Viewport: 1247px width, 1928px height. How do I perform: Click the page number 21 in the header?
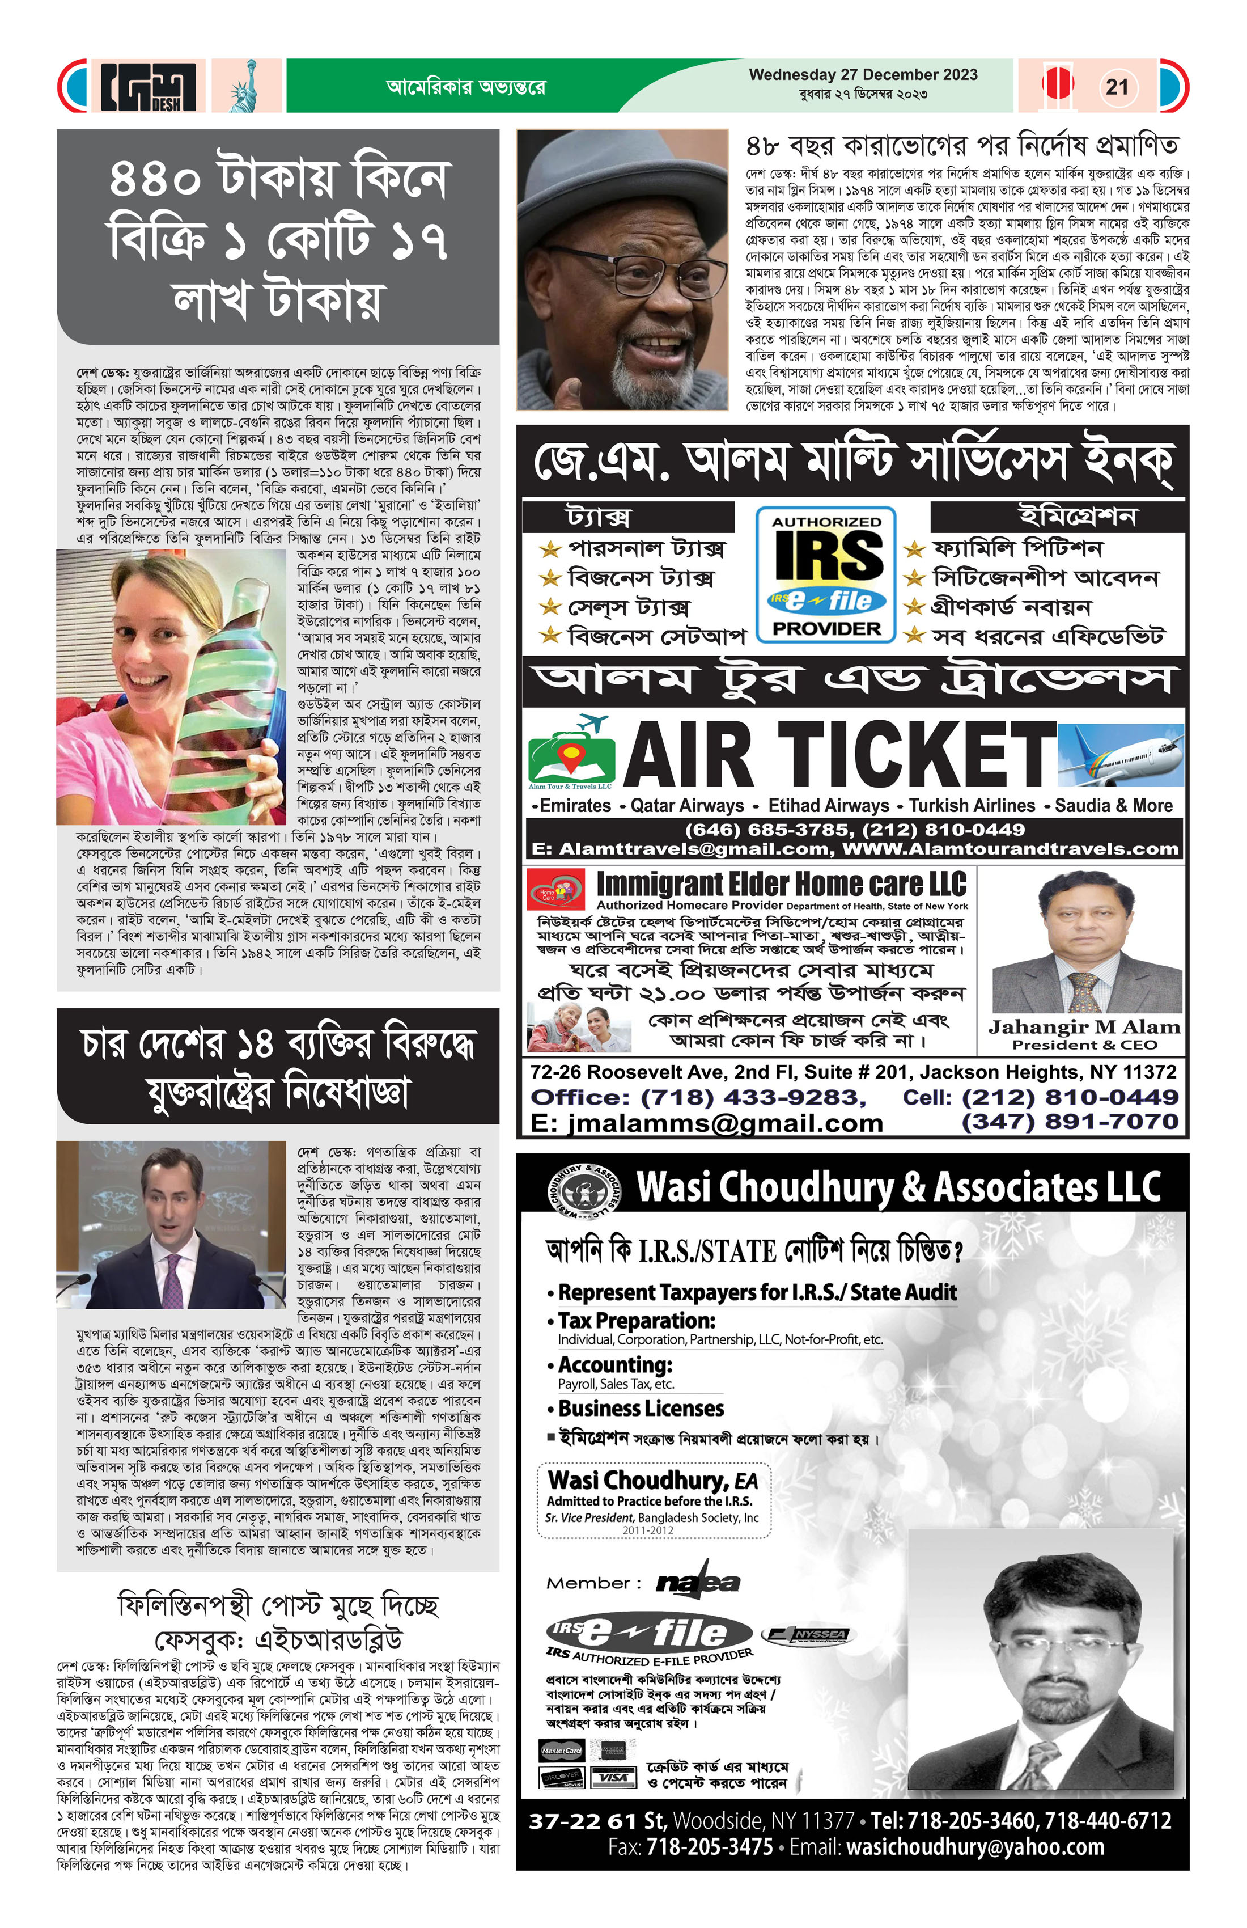point(1117,87)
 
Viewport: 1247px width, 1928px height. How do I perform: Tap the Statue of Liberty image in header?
point(245,86)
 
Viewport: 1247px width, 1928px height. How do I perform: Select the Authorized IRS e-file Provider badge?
point(826,575)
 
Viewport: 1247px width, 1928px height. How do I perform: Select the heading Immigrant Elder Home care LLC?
point(782,884)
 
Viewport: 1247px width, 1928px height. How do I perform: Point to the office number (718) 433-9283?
point(753,1098)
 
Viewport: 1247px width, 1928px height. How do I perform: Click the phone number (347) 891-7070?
point(1069,1122)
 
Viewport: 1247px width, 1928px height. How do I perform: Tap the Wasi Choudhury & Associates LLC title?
point(899,1187)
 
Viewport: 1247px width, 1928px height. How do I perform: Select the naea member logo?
point(697,1582)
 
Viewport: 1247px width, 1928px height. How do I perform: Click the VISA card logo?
point(612,1777)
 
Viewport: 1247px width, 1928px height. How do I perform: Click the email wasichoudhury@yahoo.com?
point(975,1847)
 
